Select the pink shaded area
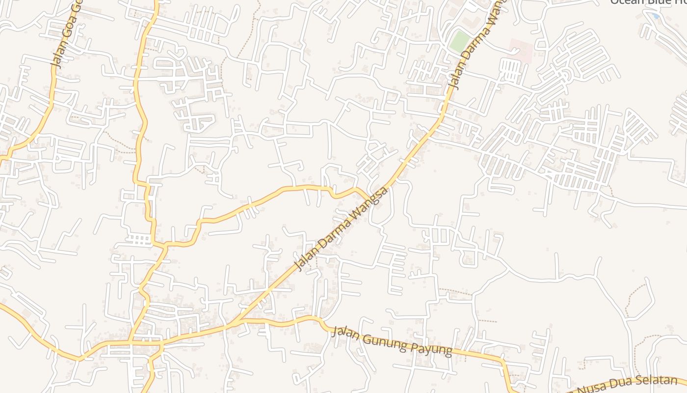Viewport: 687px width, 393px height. tap(520, 50)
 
